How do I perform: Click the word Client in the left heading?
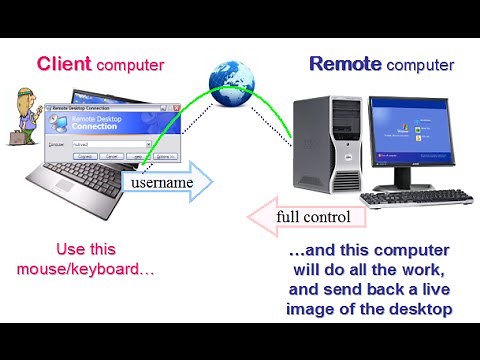tap(66, 64)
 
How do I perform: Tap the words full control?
tap(313, 216)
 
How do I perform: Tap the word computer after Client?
tap(131, 65)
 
